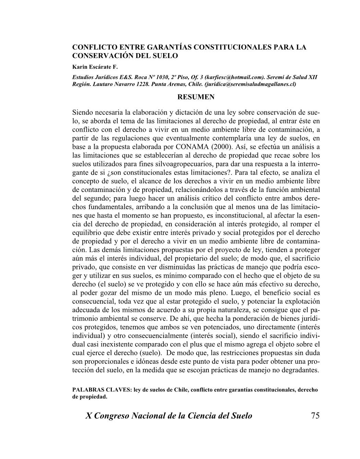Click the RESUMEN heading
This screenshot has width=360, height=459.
point(196,97)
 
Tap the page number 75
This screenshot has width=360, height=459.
point(315,416)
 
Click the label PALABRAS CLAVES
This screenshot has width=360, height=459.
point(102,390)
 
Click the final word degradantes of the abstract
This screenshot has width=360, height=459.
point(302,370)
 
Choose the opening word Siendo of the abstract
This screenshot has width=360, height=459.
point(83,113)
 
